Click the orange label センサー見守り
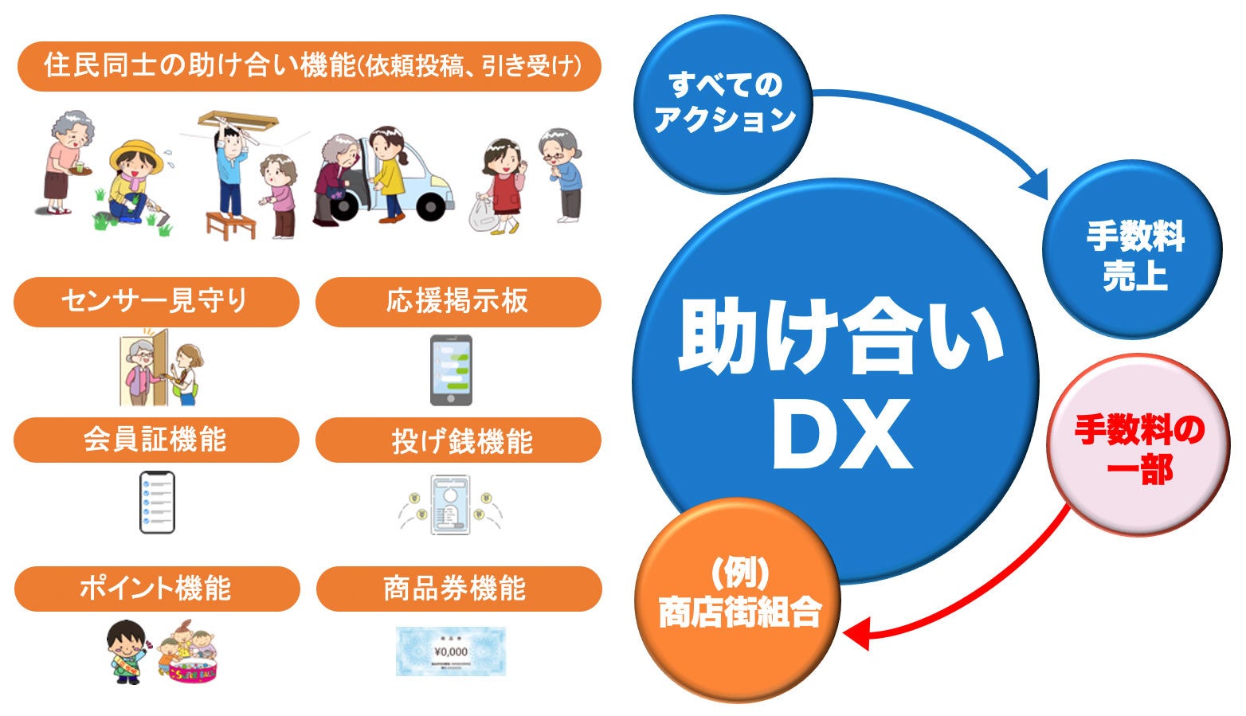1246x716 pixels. pos(156,301)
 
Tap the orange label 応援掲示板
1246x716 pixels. pos(458,301)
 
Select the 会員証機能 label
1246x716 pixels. pos(156,440)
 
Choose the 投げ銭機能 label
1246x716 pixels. pos(458,440)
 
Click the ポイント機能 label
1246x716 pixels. pos(157,589)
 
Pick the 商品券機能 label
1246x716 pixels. pos(459,589)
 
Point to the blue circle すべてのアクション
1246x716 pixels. pos(723,104)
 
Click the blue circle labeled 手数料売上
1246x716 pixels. pos(1132,250)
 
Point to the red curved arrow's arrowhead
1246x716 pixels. pos(857,636)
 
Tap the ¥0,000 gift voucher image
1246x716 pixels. pos(451,651)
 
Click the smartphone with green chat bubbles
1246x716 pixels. pos(451,370)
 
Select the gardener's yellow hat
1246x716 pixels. pos(135,154)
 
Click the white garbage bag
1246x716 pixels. pos(483,213)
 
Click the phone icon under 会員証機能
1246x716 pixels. pos(157,503)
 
